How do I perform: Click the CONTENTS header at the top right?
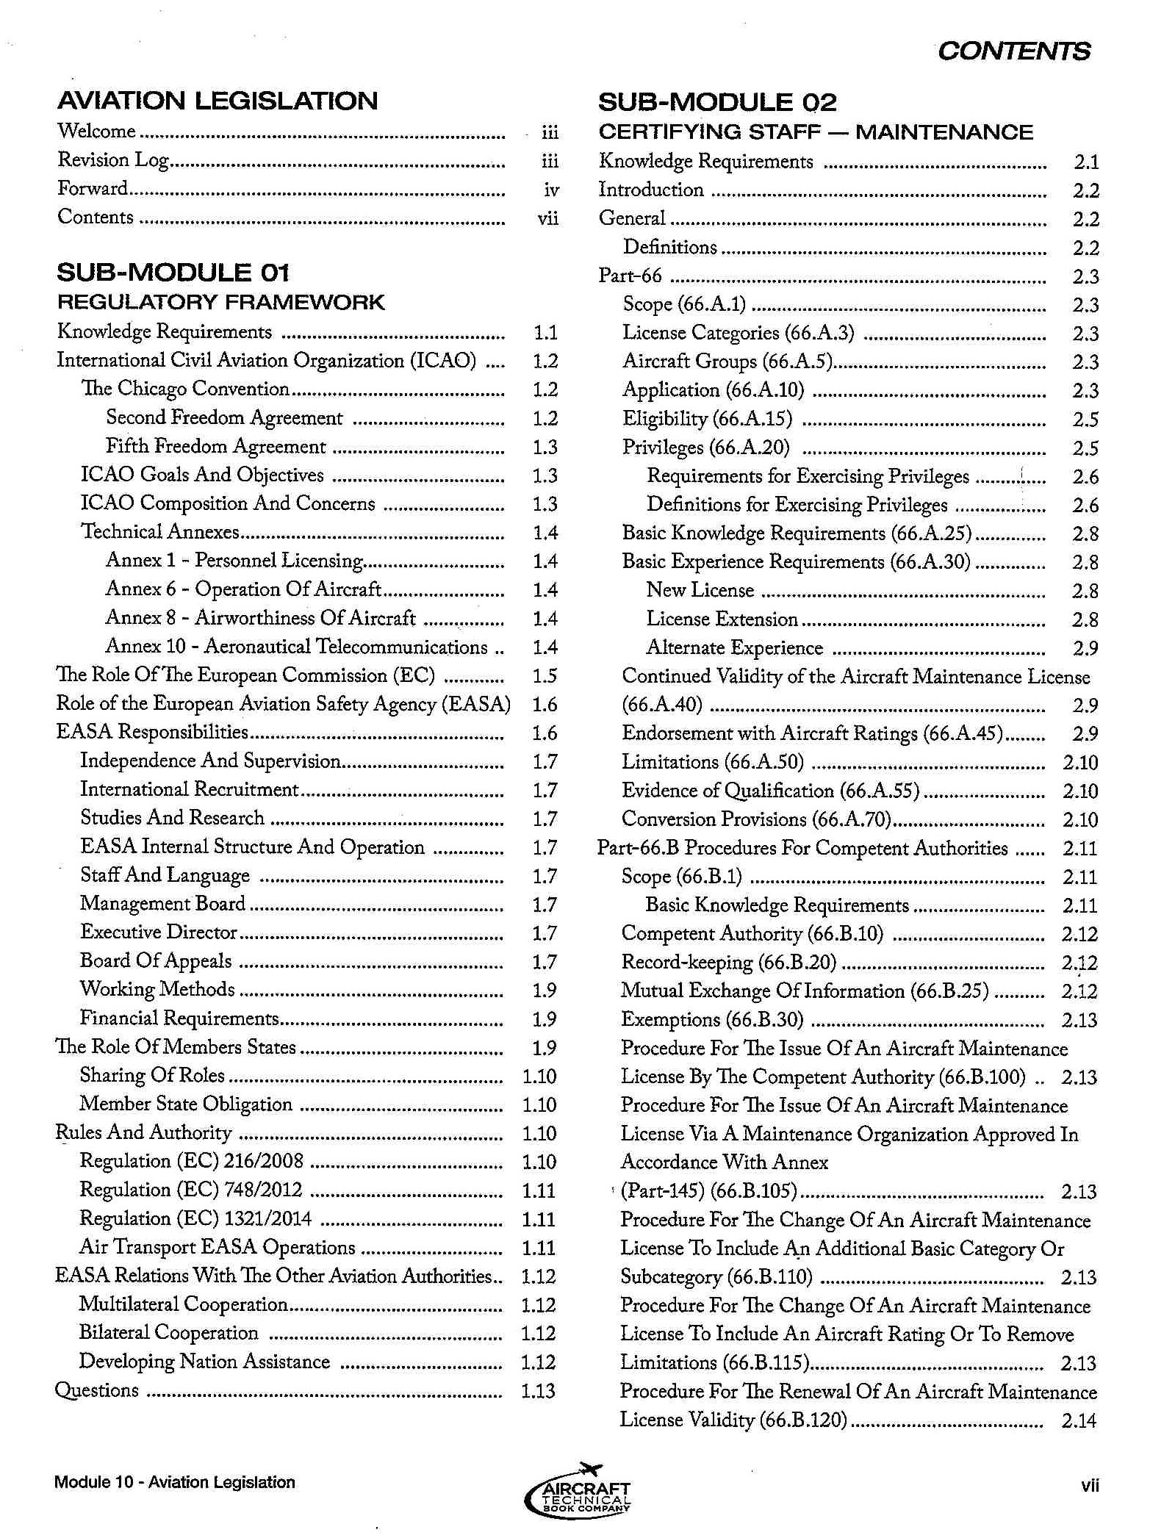1013,51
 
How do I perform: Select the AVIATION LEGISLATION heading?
218,101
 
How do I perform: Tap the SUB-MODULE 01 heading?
173,273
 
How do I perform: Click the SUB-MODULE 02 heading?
717,102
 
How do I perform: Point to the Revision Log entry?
113,159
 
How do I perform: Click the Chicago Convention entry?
185,389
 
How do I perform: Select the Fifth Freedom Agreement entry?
215,446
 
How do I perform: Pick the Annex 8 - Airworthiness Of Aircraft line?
260,618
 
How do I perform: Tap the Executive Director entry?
159,932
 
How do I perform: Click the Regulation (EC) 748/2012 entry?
190,1190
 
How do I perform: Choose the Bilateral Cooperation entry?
169,1333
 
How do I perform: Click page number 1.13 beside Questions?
538,1391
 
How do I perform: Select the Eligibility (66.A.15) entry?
707,419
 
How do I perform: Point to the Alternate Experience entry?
734,648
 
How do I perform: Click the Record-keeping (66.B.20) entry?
728,962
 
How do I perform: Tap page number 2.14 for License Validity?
1079,1420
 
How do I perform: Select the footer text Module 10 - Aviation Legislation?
174,1482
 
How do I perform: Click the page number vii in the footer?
1090,1485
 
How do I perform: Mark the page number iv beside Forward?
551,190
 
